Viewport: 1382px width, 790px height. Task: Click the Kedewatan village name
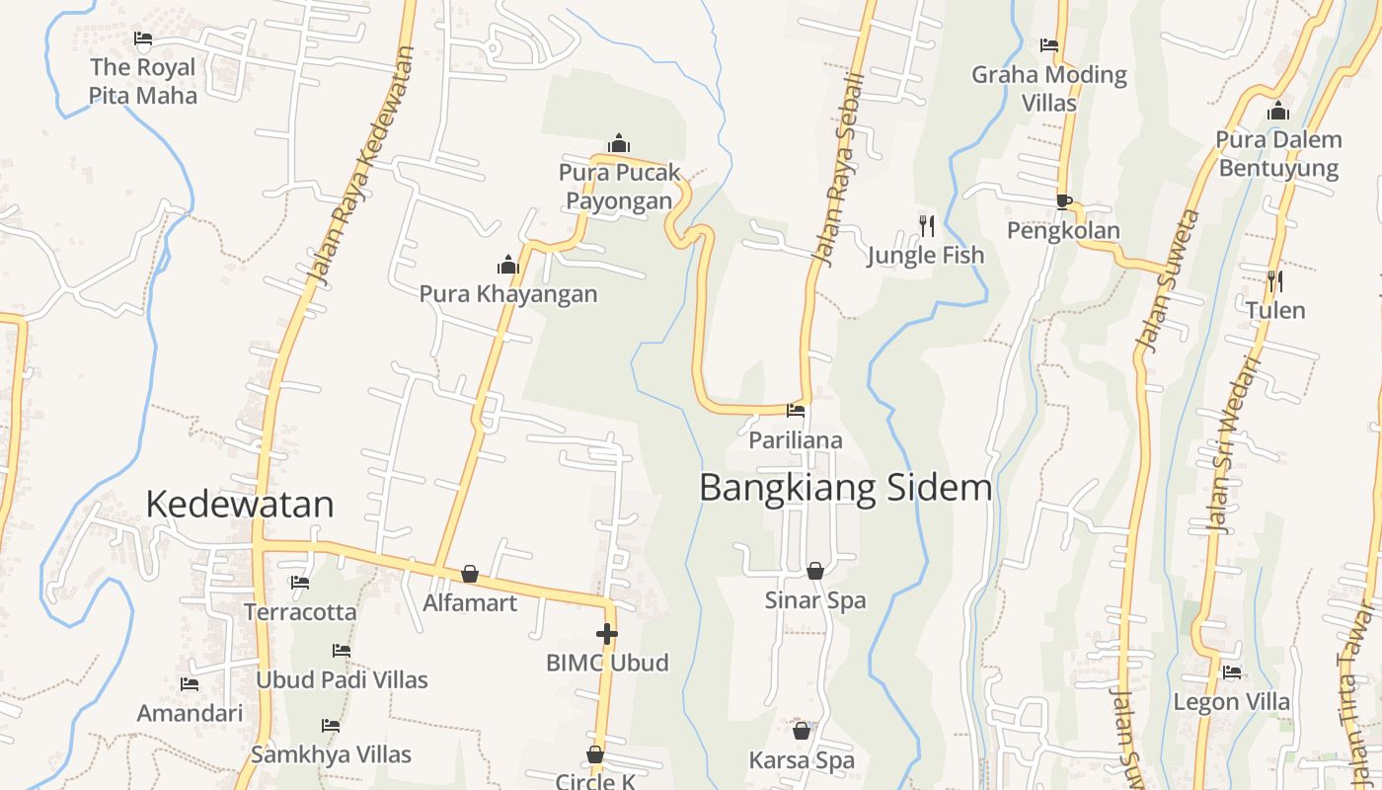pyautogui.click(x=240, y=505)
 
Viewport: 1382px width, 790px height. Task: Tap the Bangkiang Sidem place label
pyautogui.click(x=845, y=488)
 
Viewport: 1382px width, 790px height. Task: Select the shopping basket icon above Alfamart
pyautogui.click(x=470, y=574)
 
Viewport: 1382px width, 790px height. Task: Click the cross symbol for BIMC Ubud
pyautogui.click(x=607, y=634)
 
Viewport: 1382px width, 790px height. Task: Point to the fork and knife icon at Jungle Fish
pyautogui.click(x=926, y=226)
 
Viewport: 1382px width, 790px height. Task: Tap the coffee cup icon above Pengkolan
pyautogui.click(x=1063, y=201)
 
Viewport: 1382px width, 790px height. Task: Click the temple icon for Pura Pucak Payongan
pyautogui.click(x=619, y=144)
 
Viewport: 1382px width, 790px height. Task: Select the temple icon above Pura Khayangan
pyautogui.click(x=508, y=265)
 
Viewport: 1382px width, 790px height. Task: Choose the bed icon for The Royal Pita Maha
pyautogui.click(x=143, y=39)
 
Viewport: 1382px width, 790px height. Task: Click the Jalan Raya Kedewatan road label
pyautogui.click(x=360, y=168)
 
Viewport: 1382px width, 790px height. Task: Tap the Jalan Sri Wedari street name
pyautogui.click(x=1234, y=444)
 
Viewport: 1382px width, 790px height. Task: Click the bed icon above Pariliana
pyautogui.click(x=796, y=411)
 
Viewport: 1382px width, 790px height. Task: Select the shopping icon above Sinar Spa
pyautogui.click(x=815, y=571)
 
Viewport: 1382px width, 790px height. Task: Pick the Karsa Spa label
pyautogui.click(x=802, y=760)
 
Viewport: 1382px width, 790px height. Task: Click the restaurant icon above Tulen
pyautogui.click(x=1274, y=281)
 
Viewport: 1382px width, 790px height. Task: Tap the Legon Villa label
pyautogui.click(x=1231, y=702)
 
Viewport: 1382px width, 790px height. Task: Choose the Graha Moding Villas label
pyautogui.click(x=1049, y=88)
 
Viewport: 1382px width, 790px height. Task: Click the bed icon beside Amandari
pyautogui.click(x=190, y=684)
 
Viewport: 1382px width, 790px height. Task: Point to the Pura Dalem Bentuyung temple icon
pyautogui.click(x=1278, y=111)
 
